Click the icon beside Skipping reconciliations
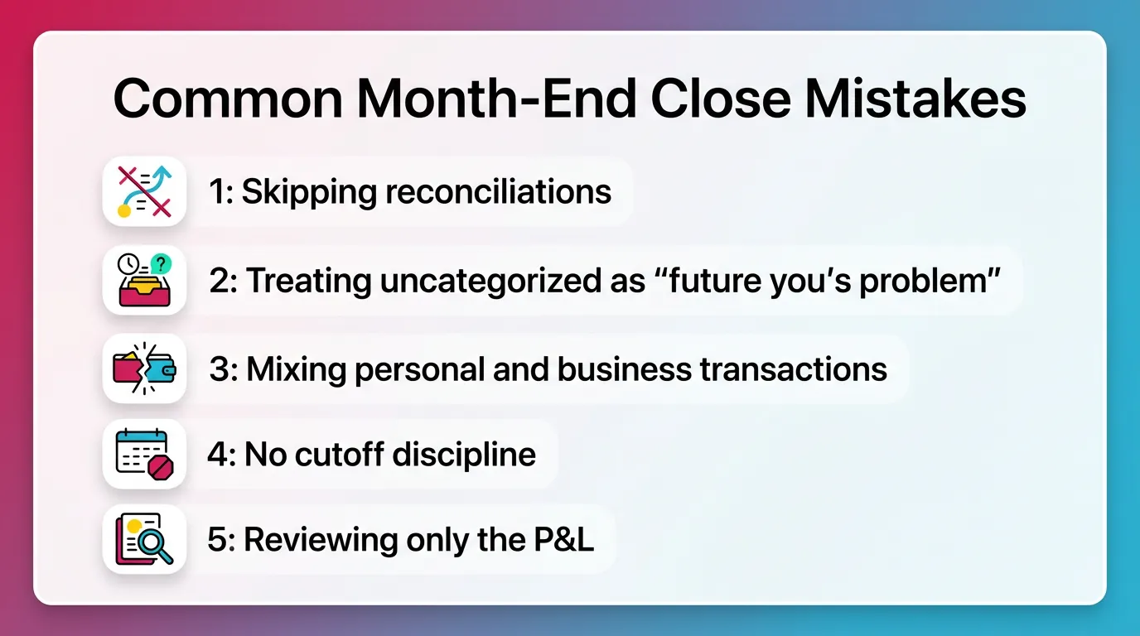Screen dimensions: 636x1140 144,191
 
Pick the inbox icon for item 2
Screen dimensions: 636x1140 144,281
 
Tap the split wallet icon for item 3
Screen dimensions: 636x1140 144,369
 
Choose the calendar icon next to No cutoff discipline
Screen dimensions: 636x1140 144,454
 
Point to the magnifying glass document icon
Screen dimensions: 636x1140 144,540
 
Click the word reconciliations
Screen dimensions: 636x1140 499,192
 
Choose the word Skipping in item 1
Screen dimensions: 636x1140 310,192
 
